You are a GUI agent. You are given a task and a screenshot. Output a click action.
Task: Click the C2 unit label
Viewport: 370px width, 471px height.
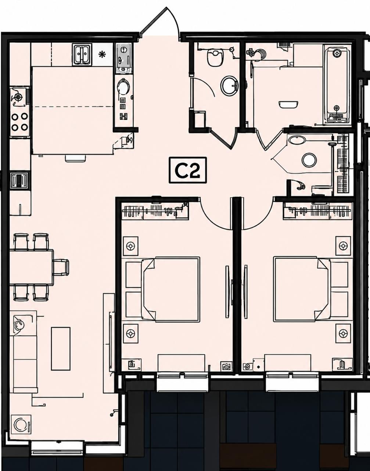coord(188,170)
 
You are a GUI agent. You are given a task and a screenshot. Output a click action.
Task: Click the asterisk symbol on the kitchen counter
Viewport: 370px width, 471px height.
coord(101,54)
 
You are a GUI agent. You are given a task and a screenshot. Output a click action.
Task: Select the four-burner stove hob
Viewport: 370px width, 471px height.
coord(20,122)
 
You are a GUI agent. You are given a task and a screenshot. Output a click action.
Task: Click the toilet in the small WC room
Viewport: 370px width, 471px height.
coord(215,57)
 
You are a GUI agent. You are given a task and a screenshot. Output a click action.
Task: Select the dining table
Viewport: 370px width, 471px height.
coord(31,267)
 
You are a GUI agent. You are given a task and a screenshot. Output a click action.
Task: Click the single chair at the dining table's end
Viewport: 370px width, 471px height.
coord(61,267)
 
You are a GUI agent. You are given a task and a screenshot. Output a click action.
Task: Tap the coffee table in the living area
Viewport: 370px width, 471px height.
coord(61,349)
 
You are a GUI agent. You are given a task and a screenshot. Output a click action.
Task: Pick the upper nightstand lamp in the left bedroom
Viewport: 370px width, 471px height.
coord(131,246)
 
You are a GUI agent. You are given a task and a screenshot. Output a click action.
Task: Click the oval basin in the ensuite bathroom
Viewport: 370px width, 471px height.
coord(297,139)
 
